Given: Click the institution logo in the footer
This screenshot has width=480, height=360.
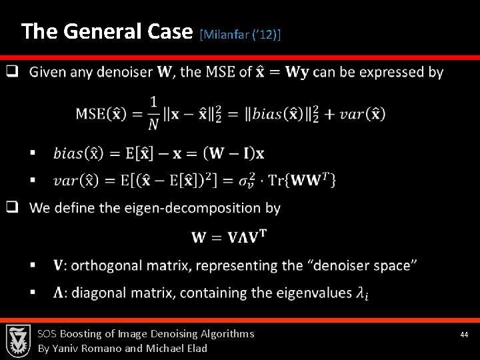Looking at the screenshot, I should [x=18, y=340].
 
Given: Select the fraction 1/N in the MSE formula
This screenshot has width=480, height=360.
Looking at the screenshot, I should [x=154, y=112].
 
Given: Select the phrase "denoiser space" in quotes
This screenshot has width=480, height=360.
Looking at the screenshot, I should [x=363, y=265].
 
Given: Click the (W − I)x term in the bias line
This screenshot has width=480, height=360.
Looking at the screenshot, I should [x=235, y=153].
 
